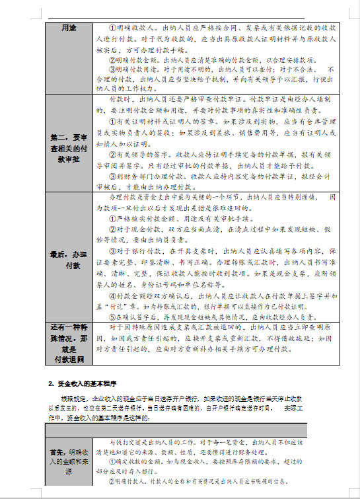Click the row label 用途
[69, 28]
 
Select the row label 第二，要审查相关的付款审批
[69, 148]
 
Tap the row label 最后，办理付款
[69, 259]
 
